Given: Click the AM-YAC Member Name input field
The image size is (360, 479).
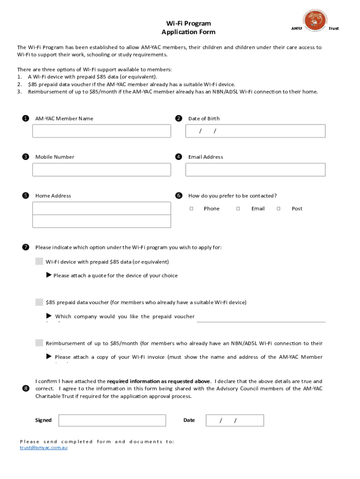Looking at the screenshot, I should [101, 131].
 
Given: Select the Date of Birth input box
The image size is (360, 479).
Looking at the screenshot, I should [255, 131].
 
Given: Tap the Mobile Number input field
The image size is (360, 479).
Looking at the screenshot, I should [101, 169].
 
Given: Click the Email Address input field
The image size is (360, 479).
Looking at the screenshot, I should [255, 169].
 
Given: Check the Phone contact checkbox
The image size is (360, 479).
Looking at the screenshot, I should [191, 209].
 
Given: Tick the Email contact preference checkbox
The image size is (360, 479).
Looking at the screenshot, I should [238, 209].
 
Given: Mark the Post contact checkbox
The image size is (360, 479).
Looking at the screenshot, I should [279, 209].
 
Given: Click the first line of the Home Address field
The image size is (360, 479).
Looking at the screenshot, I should [101, 208].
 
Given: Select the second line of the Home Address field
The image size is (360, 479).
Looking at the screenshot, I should [101, 221].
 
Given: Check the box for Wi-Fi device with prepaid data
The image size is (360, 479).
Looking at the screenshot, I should [39, 261].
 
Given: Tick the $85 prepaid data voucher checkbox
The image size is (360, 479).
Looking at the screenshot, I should [39, 302].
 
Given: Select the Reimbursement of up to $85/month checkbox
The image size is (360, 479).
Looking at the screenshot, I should [39, 343].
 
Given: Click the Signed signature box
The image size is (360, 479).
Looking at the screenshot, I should [112, 420].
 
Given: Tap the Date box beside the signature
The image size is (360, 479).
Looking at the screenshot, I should [235, 420].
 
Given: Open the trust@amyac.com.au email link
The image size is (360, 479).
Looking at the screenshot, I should [43, 448].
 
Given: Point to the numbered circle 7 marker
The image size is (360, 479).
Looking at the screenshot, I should [25, 247].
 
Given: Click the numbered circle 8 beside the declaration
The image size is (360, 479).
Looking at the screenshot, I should [25, 389].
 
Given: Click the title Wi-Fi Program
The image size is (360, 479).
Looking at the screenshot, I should [188, 23].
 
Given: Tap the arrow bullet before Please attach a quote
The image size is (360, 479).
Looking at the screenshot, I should [49, 275].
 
